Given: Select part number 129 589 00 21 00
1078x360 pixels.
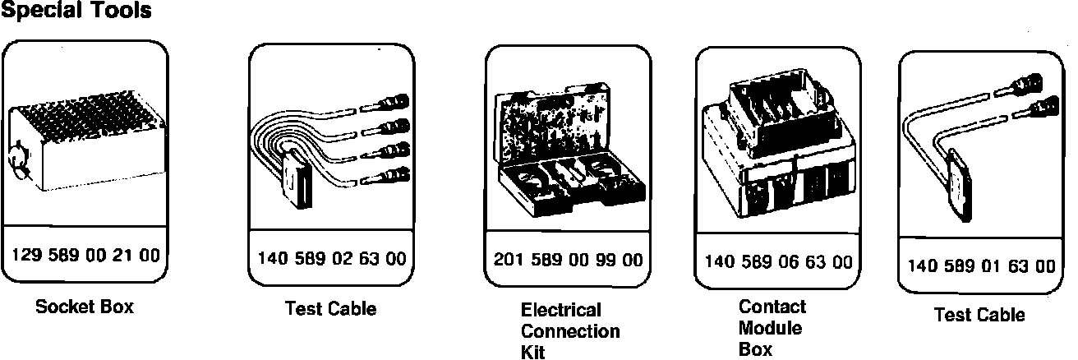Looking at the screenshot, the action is (85, 255).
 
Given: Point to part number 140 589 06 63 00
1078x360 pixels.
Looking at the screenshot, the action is (778, 262).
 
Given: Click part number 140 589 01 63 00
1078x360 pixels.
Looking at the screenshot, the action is (981, 265).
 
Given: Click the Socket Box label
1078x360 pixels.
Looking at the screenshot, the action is (85, 307).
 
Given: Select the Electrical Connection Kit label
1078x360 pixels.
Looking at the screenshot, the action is (570, 331).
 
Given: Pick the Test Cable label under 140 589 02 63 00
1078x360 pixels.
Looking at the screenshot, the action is (330, 309).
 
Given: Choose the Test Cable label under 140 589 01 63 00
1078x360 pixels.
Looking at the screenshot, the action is (979, 315).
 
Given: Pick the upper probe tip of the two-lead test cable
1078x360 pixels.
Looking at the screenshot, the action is (1023, 82).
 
